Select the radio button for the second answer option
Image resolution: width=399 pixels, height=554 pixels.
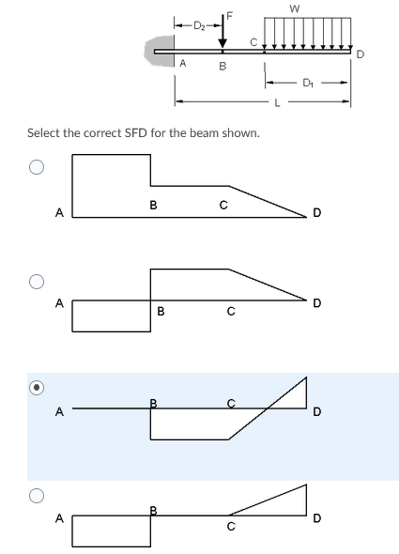[x=36, y=281]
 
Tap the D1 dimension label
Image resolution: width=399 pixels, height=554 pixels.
[x=306, y=83]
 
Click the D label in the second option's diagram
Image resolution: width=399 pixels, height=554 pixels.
[x=317, y=302]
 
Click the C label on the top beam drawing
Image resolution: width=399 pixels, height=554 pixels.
[x=252, y=41]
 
